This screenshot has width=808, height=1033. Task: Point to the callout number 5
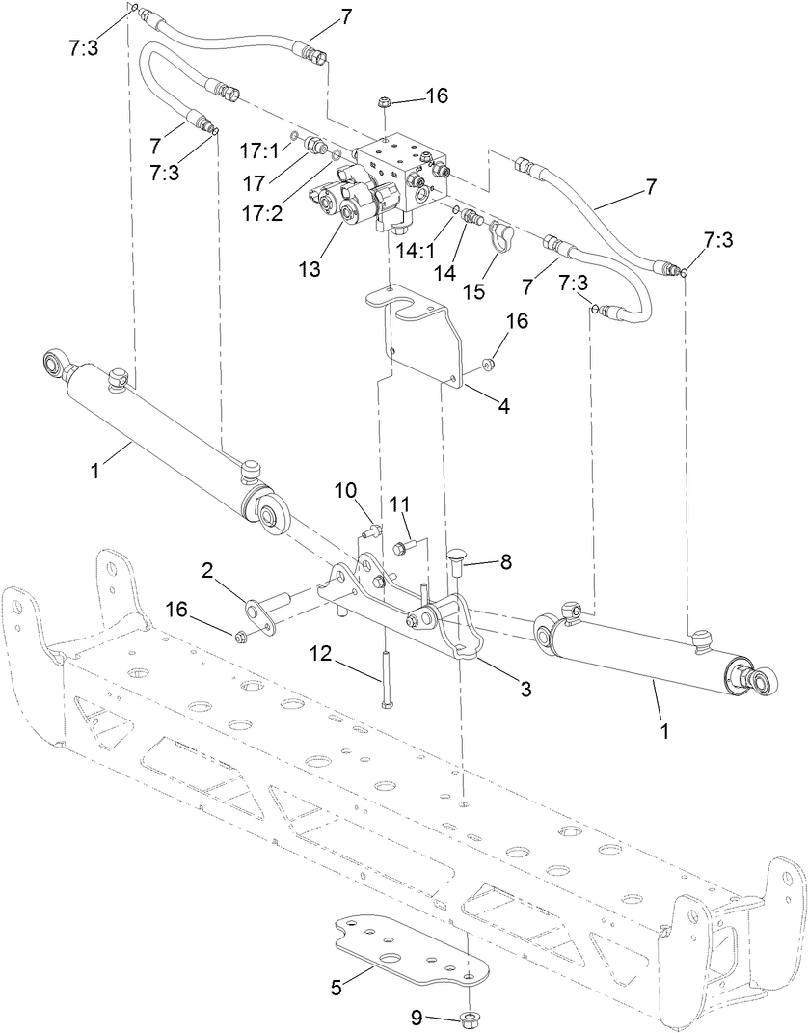(x=337, y=987)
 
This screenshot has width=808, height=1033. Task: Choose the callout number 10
(x=346, y=491)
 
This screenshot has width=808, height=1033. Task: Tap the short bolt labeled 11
(x=404, y=546)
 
